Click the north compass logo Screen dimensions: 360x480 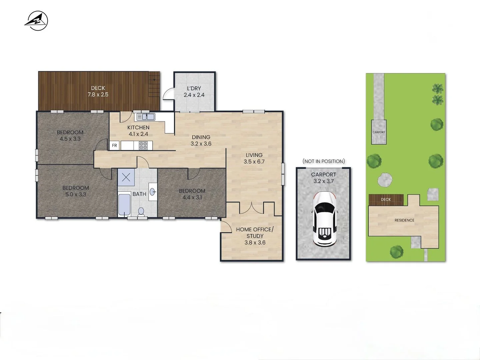(x=36, y=21)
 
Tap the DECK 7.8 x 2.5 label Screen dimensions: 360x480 (x=98, y=91)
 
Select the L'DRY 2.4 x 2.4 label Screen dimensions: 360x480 (x=194, y=92)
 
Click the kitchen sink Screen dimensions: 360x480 (x=146, y=117)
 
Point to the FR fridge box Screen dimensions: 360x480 (x=114, y=145)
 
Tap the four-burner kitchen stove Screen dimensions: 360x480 (x=143, y=145)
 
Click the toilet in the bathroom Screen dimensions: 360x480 (x=141, y=212)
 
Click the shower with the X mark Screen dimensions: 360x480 (x=126, y=177)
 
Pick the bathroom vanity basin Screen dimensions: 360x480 (x=153, y=192)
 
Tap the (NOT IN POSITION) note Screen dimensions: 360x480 (x=324, y=161)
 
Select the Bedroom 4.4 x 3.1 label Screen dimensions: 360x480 (x=192, y=194)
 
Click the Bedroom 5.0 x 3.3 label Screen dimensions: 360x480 (x=76, y=191)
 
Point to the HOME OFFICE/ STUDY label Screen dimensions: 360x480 (x=255, y=236)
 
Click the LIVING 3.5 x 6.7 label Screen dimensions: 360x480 (x=254, y=158)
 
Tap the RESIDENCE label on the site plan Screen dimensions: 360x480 (x=404, y=220)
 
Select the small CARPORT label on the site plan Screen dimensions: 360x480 (x=379, y=132)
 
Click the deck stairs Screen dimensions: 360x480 (x=154, y=87)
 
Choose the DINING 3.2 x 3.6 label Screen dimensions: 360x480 (x=201, y=140)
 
